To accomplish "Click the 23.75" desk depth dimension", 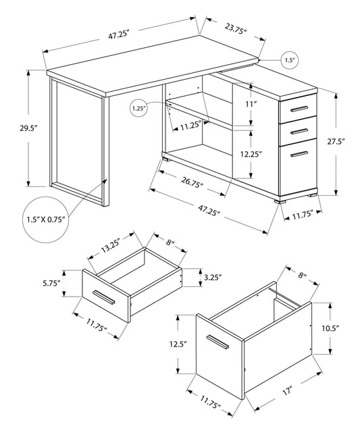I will pos(234,30).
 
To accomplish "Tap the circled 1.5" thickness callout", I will pos(288,61).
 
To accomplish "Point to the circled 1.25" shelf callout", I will pos(138,107).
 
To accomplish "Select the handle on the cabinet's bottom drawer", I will pos(296,155).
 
